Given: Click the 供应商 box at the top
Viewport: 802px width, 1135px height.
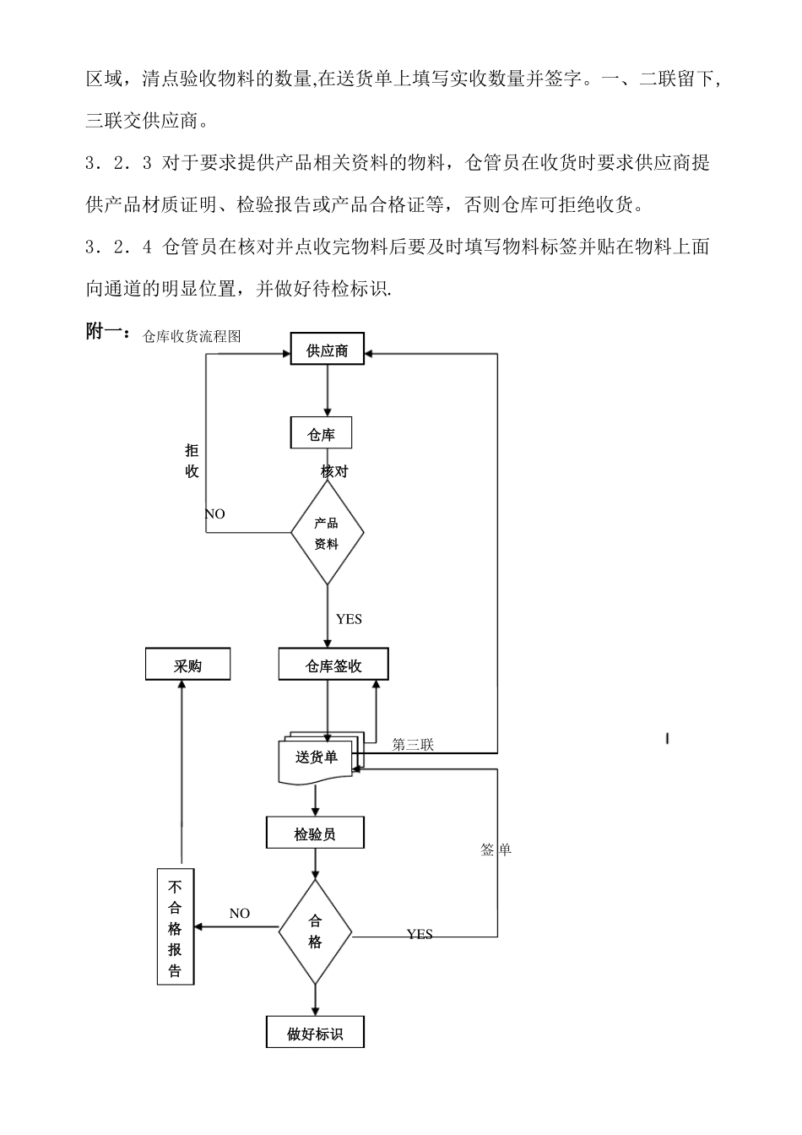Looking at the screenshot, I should pos(327,350).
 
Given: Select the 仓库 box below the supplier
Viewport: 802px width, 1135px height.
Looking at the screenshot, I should pos(321,434).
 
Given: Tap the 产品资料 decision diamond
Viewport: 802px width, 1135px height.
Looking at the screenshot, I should pos(327,534).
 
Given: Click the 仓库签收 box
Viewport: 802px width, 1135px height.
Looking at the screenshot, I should pos(333,665).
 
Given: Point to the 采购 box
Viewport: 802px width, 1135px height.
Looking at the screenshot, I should pos(188,665).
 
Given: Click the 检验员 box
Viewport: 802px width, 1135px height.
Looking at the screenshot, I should pos(315,834).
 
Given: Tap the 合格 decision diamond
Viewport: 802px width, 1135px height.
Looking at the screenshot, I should pos(315,932).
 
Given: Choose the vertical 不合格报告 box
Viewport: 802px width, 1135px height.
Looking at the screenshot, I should pos(176,927).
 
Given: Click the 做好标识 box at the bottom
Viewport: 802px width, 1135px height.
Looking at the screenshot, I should pos(315,1034).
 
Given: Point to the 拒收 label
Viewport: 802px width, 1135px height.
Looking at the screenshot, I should pos(192,461).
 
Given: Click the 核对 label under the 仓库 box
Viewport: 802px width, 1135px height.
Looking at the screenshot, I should pos(334,471).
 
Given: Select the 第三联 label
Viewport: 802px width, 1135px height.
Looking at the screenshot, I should pos(413,744).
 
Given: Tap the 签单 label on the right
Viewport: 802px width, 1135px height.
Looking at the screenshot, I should pos(496,850).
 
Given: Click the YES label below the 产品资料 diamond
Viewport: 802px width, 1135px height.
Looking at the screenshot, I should pos(349,619).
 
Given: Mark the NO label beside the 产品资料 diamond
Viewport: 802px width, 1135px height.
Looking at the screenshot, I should pos(215,513).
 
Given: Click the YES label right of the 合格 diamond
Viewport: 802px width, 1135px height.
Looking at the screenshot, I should pos(420,934).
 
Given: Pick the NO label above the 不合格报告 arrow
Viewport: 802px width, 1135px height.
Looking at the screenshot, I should pos(240,913).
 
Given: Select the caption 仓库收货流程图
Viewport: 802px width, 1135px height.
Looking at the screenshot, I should pos(192,336).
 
